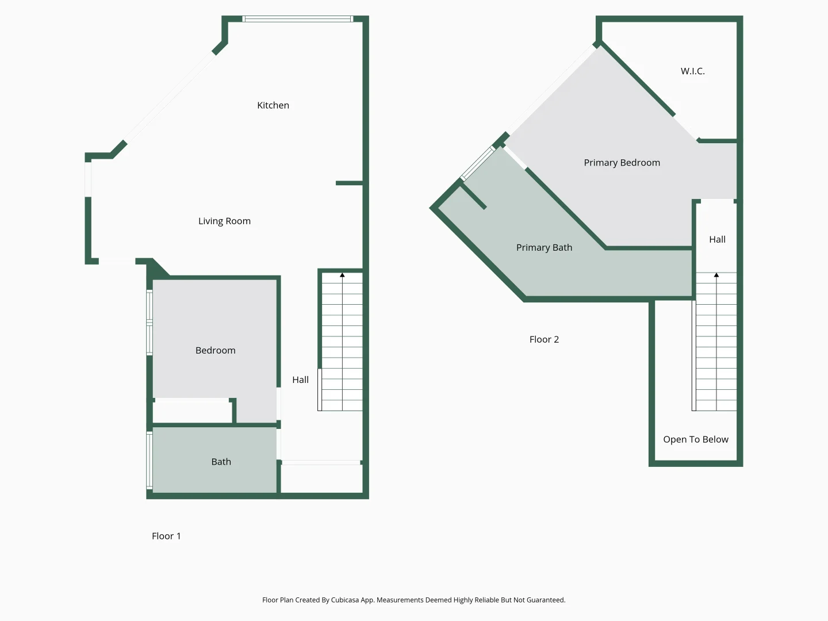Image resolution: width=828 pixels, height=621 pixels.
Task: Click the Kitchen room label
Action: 273,105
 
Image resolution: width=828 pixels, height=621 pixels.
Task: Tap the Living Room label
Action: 224,221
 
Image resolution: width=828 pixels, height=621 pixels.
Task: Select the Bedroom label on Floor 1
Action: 215,350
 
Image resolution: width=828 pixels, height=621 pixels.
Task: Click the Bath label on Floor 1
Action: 221,462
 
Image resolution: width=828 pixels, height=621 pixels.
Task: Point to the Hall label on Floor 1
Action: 300,379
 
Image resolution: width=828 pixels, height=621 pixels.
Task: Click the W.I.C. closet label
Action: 692,71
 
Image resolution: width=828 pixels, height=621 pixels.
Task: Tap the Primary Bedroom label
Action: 622,163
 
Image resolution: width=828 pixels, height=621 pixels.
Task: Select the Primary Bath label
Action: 544,248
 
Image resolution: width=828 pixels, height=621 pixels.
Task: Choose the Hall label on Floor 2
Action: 717,239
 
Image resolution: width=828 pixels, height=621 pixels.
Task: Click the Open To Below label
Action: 695,439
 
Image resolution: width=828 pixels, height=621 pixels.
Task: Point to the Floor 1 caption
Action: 166,536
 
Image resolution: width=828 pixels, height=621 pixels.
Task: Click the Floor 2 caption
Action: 544,339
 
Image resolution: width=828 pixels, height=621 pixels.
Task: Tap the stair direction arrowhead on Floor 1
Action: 342,275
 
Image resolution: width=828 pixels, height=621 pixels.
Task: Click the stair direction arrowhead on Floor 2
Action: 716,275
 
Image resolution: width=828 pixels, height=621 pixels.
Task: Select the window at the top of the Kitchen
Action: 297,19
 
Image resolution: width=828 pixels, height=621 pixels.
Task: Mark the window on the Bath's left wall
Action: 149,460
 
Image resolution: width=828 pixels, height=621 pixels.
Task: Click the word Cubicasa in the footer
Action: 345,600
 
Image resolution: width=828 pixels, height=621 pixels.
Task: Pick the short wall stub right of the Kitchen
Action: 349,183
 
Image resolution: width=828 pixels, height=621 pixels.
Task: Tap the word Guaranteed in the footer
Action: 546,600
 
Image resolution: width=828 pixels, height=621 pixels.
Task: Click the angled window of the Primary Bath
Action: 478,163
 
